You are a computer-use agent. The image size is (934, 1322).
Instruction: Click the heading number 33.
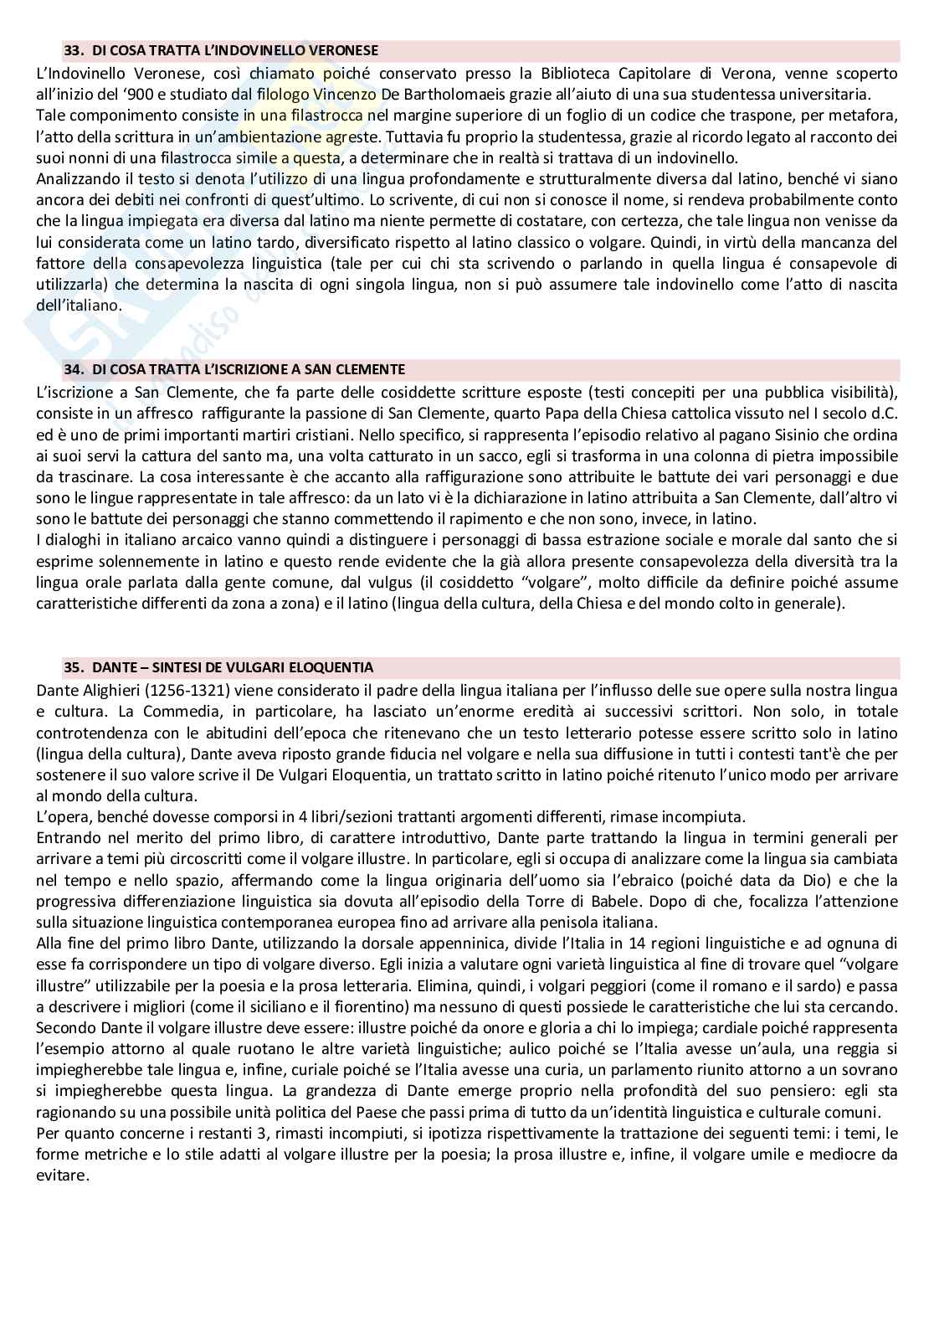click(x=73, y=50)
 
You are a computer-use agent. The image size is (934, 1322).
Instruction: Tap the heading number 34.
click(x=73, y=368)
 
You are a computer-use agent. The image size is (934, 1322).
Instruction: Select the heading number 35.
click(x=73, y=667)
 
